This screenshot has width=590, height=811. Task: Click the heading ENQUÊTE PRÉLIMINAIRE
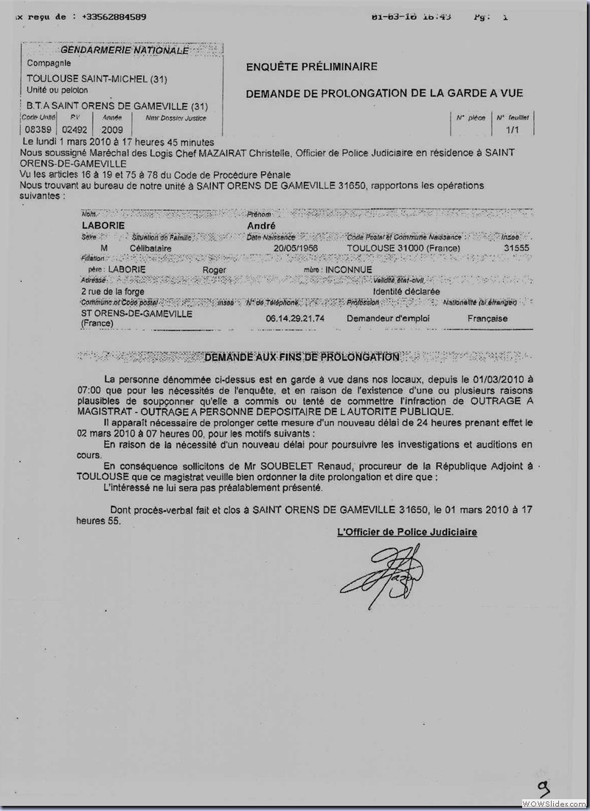tap(311, 67)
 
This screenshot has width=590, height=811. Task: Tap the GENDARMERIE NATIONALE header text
tap(124, 50)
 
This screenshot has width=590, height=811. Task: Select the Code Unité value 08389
tap(34, 130)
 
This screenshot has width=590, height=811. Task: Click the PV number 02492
tap(74, 130)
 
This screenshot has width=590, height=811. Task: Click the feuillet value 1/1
tap(511, 129)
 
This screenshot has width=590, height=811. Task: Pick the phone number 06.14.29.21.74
tap(294, 318)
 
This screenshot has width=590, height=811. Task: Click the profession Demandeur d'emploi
tap(389, 318)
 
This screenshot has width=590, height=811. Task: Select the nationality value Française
tap(487, 318)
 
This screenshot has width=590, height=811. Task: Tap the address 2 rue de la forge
tap(114, 291)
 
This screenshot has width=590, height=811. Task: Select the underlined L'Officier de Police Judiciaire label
tap(406, 532)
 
